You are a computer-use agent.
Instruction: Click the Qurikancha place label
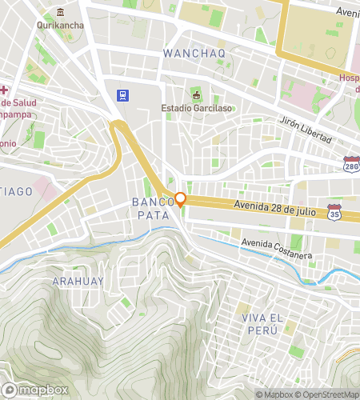point(61,25)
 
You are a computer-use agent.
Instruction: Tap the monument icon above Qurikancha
point(61,13)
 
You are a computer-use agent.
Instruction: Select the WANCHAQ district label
point(194,53)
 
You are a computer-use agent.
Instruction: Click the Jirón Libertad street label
point(305,130)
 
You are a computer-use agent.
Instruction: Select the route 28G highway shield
point(350,163)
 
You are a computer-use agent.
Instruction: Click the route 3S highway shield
point(334,213)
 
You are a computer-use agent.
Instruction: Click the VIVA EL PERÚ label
point(263,323)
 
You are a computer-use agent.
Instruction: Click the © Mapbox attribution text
point(274,394)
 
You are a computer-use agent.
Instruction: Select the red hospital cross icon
point(3,89)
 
